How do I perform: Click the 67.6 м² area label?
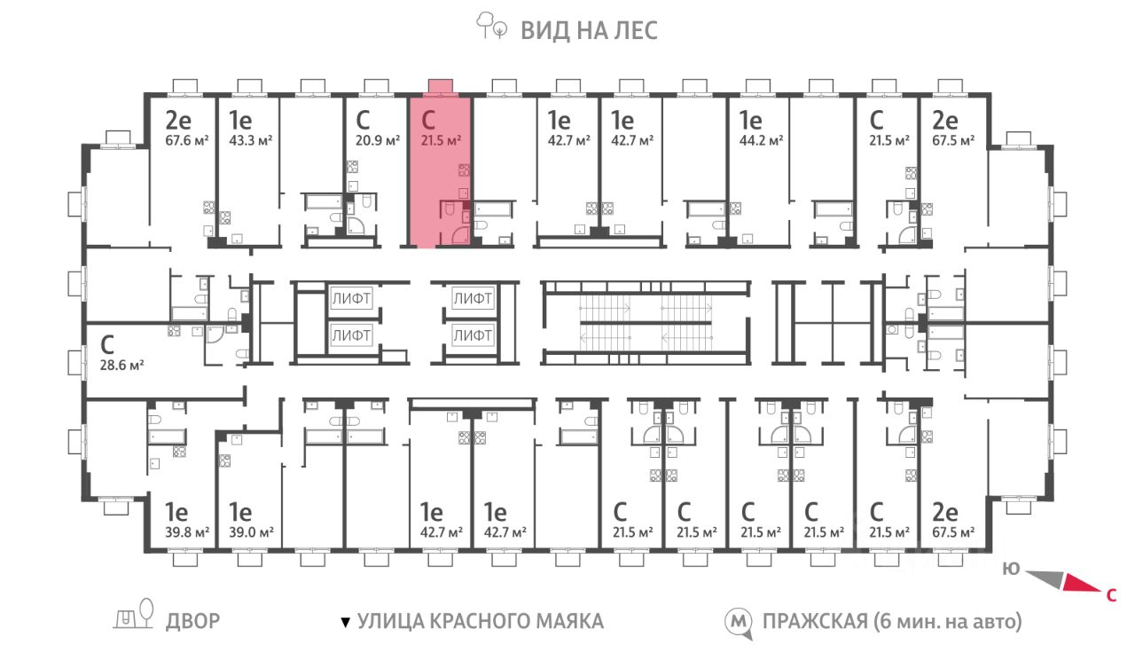[x=187, y=140]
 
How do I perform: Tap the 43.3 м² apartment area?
[x=251, y=140]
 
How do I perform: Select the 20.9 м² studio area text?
[x=378, y=140]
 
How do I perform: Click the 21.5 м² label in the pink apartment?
[x=441, y=140]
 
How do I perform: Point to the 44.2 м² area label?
[x=761, y=140]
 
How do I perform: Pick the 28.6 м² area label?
[x=121, y=365]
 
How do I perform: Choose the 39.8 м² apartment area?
[x=187, y=533]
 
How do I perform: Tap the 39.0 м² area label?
[x=251, y=533]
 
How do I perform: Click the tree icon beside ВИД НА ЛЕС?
[x=491, y=26]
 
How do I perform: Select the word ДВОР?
[x=193, y=621]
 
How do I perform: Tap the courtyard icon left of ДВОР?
[x=133, y=614]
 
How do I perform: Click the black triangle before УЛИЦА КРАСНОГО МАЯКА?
[x=346, y=623]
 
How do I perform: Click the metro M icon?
[x=739, y=623]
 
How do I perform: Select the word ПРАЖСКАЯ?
[x=815, y=622]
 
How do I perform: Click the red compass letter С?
[x=1111, y=595]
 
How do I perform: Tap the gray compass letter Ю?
[x=1011, y=569]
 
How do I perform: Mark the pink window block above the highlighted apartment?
[x=441, y=86]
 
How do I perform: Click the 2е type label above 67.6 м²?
[x=178, y=121]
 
